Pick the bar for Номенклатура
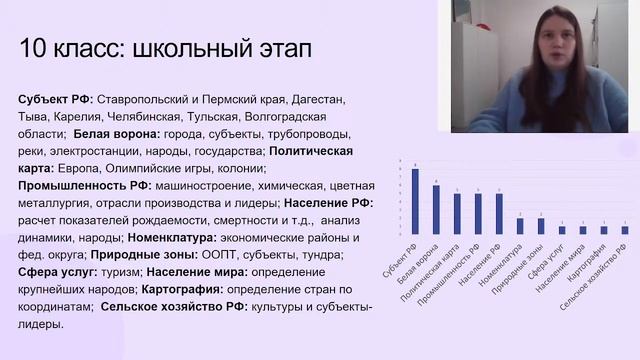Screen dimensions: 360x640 [x=520, y=226]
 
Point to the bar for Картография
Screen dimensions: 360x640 [x=604, y=230]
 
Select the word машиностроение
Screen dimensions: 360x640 [x=180, y=185]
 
